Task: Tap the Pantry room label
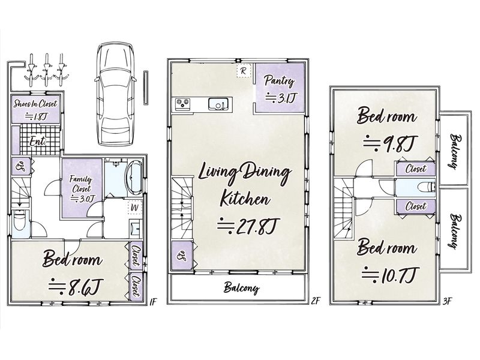(x=279, y=80)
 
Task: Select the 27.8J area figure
(x=247, y=226)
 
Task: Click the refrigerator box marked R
(x=244, y=71)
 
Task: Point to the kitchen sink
(x=218, y=104)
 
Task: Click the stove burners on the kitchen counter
(x=183, y=104)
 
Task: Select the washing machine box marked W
(x=134, y=207)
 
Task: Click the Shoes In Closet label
(x=35, y=104)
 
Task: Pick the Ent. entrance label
(x=38, y=142)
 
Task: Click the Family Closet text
(x=81, y=184)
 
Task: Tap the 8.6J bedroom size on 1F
(x=76, y=287)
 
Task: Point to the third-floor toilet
(x=427, y=187)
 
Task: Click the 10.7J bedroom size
(x=389, y=274)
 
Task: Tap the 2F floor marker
(x=316, y=302)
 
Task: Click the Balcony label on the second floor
(x=241, y=288)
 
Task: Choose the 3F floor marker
(x=447, y=302)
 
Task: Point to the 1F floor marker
(x=153, y=302)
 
